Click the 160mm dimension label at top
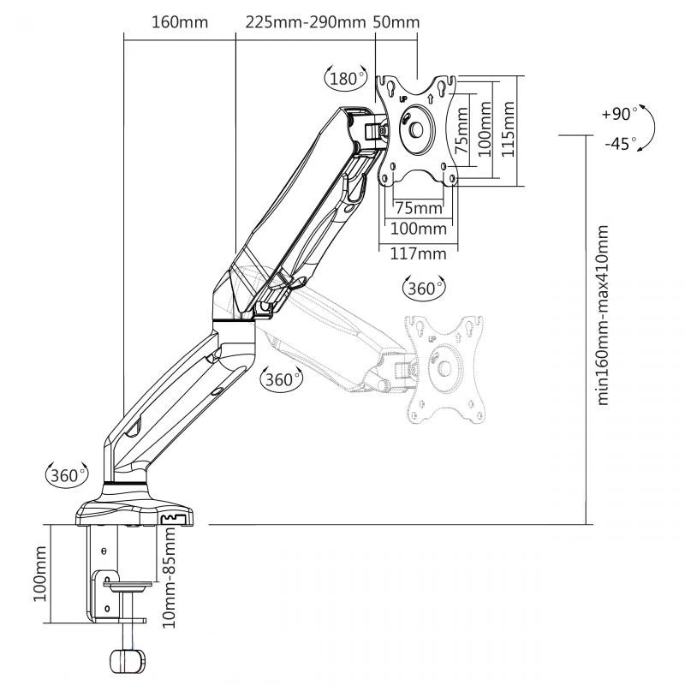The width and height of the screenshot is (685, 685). pos(180,22)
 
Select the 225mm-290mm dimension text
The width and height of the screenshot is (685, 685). pos(306,22)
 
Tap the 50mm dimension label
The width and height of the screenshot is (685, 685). pos(396,22)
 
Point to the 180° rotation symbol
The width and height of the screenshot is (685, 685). pos(346,79)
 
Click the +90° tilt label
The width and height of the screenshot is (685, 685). pos(619,114)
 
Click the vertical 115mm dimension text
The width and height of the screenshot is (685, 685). pos(508,129)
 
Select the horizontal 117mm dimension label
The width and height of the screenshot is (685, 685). pos(418,253)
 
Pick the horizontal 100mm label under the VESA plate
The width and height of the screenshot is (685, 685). pos(418,229)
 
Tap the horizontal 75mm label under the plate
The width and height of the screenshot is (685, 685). pos(419,208)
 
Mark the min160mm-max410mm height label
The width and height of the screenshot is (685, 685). pos(603,315)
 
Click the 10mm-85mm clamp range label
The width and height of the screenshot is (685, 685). pos(169,577)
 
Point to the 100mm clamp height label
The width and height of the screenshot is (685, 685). pos(39,574)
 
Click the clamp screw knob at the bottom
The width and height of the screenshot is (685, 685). pos(127,661)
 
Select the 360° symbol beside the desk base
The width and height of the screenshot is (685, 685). pos(67,475)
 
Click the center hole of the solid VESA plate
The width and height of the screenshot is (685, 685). pos(416,130)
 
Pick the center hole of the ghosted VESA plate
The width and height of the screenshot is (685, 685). pos(444,368)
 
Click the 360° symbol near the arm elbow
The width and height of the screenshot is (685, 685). pos(282,379)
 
